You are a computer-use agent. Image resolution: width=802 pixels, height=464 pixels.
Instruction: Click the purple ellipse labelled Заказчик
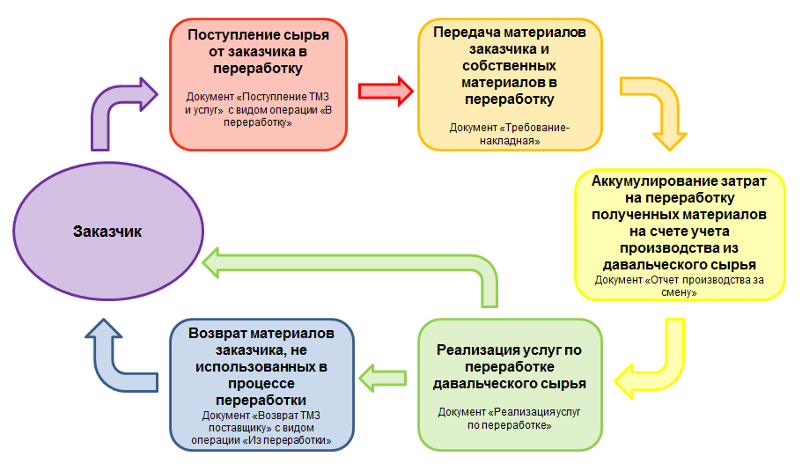[107, 232]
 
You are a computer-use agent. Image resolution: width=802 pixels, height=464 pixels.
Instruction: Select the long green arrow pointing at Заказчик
[352, 264]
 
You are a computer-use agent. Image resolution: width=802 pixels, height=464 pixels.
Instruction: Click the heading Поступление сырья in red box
[258, 35]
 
